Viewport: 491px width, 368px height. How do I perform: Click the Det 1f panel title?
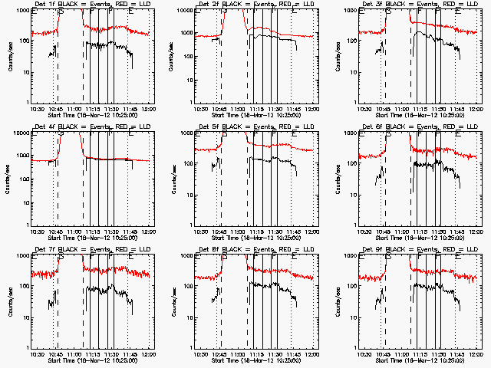[x=88, y=5]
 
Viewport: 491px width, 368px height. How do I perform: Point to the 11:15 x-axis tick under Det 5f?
[x=256, y=231]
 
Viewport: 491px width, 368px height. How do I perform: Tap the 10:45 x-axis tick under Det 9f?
[x=383, y=353]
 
